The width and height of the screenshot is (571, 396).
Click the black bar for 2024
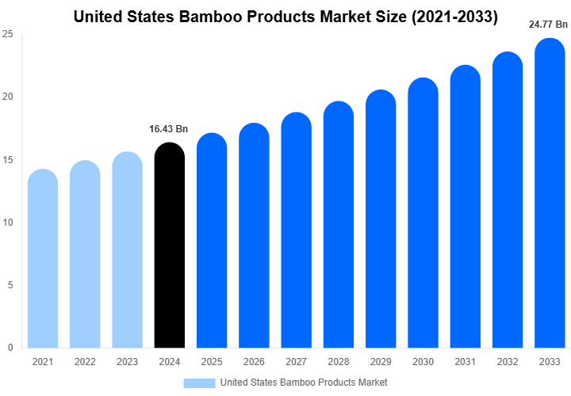(169, 246)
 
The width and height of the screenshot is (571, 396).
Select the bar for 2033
(550, 194)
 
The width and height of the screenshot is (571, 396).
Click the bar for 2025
(211, 241)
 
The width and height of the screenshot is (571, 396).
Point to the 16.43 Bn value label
(169, 128)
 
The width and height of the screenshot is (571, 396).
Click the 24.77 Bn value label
(549, 25)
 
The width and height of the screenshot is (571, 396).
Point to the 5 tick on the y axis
(10, 285)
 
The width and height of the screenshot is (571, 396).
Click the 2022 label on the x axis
(84, 362)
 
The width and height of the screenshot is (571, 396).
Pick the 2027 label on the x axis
(296, 362)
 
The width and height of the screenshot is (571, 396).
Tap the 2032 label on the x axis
(507, 362)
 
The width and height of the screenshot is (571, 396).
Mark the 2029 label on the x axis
(380, 362)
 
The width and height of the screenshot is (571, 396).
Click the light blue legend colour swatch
(199, 383)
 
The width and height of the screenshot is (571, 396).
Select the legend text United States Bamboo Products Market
(304, 383)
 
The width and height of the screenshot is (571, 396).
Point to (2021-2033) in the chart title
(450, 16)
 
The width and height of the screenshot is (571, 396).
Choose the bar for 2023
(127, 250)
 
